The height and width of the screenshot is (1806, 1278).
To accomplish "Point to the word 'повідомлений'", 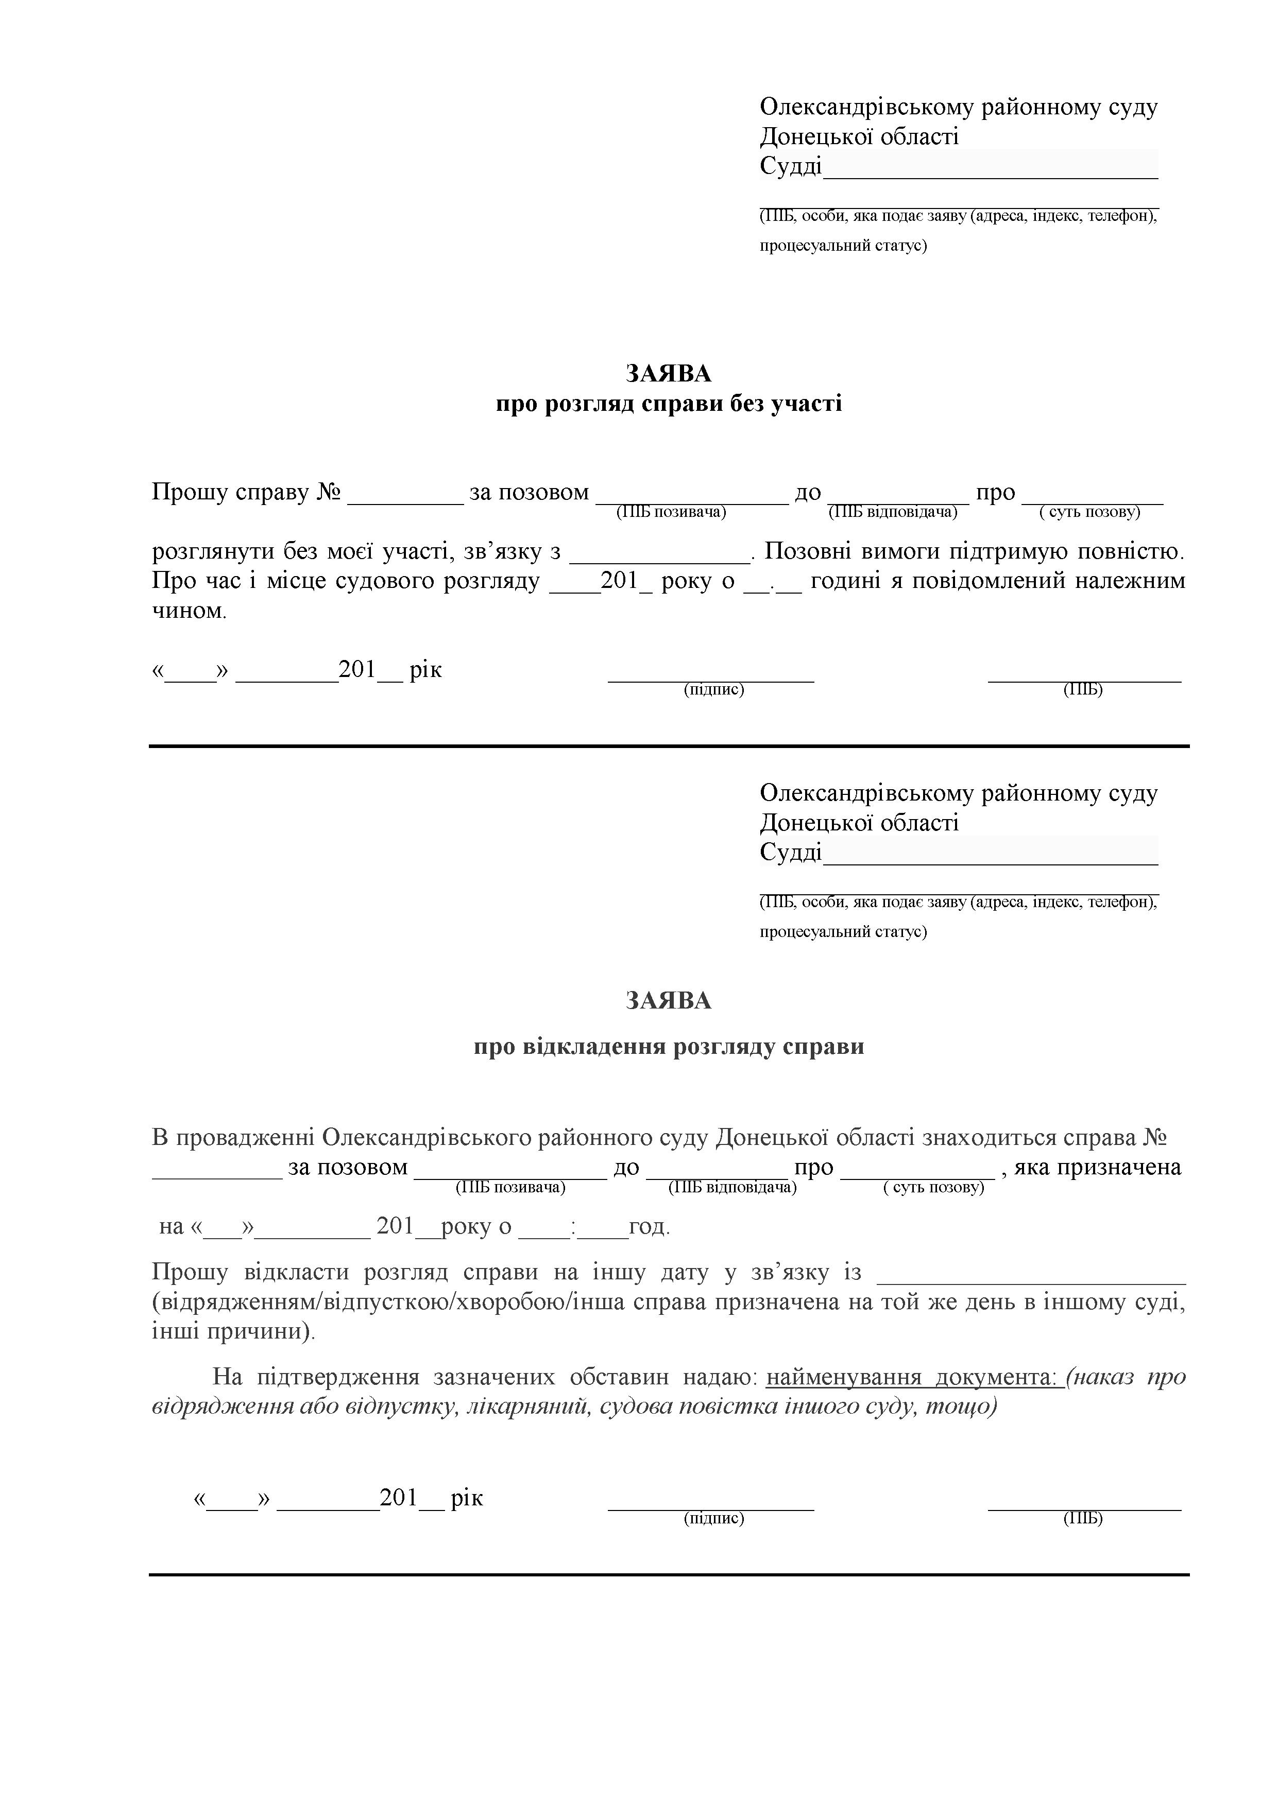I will [x=999, y=581].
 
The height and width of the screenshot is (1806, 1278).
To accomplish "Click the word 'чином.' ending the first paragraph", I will [x=189, y=611].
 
